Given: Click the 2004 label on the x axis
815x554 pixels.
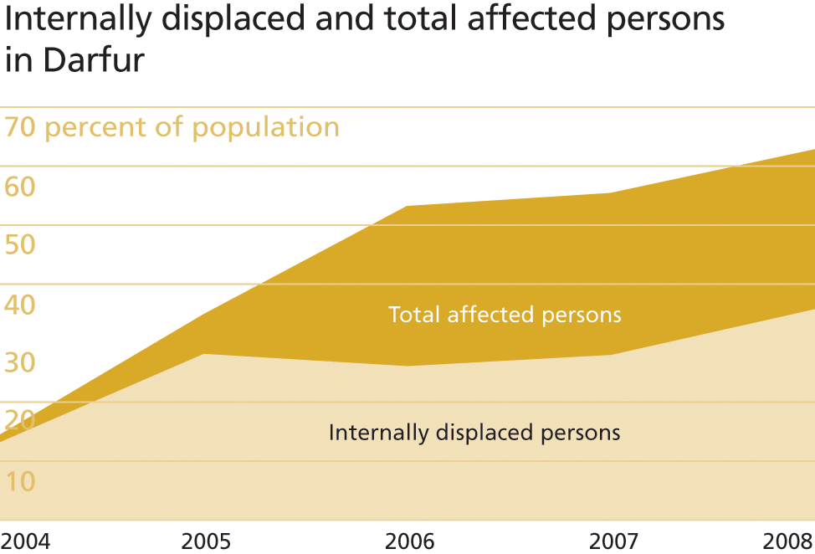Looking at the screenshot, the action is click(25, 541).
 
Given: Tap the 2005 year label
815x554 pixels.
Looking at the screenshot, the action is click(206, 541).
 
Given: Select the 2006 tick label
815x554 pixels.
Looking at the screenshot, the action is click(409, 541).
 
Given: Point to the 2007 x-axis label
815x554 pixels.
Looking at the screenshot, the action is click(613, 541).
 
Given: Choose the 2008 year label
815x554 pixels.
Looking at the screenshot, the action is click(788, 541).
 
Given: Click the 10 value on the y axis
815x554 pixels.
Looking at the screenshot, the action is click(20, 481).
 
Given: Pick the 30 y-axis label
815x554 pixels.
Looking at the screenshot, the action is click(20, 362).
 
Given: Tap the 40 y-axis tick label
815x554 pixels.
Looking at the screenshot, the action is click(20, 304).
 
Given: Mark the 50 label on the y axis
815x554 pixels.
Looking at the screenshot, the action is click(20, 244).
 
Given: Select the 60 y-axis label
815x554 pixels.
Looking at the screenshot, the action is click(20, 186).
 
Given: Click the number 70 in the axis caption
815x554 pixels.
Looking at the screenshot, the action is click(20, 127).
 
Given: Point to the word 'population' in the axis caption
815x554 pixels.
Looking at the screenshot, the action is click(265, 128).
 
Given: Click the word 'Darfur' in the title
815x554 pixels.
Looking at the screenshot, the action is click(94, 59).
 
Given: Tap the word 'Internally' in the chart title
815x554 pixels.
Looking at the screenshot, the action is click(78, 19).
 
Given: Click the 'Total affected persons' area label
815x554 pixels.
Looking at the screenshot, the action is click(505, 315).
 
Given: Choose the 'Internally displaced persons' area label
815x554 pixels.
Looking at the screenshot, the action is click(474, 433).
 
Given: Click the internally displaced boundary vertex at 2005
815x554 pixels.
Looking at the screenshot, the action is click(204, 354).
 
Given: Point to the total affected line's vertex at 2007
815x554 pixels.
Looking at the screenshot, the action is click(611, 192).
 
